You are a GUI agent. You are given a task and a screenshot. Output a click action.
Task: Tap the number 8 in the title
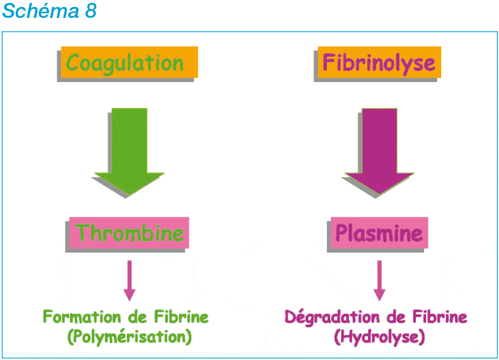click(x=91, y=11)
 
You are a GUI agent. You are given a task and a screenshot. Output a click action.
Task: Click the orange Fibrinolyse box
click(x=379, y=62)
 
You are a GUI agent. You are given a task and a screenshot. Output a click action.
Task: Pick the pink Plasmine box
click(x=379, y=233)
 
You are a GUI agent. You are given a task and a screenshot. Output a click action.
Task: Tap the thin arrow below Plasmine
click(x=379, y=280)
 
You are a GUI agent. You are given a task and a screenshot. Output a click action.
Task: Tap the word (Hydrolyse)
click(x=379, y=336)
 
